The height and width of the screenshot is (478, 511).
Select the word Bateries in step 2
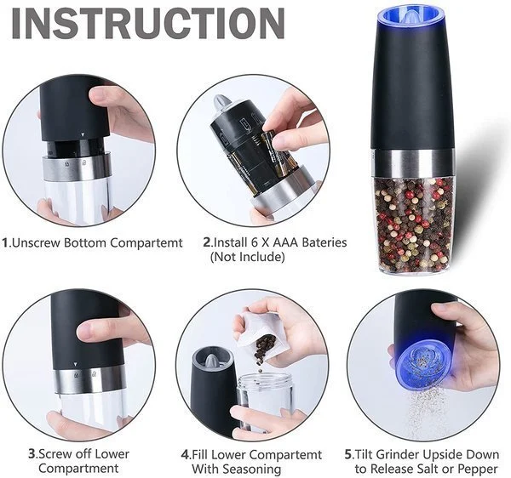[x=316, y=242]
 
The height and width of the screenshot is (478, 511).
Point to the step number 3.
[x=32, y=453]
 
